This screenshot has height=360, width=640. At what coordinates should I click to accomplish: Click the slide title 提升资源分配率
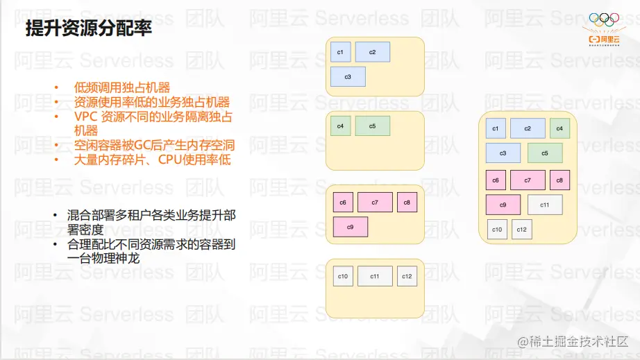(89, 28)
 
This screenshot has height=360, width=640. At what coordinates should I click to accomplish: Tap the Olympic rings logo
(604, 19)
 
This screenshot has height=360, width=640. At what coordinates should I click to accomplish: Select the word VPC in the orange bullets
(85, 117)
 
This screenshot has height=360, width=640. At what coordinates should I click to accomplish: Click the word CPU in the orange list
(170, 160)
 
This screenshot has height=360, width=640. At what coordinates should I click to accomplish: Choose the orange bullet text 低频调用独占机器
(121, 87)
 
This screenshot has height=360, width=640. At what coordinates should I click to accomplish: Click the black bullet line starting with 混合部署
(151, 222)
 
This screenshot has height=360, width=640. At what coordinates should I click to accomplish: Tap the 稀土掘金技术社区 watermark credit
(573, 342)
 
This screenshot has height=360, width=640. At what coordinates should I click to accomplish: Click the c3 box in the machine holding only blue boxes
(348, 77)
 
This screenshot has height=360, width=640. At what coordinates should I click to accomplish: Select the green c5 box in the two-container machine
(372, 126)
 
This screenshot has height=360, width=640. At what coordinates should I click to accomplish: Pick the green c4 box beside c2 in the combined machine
(559, 128)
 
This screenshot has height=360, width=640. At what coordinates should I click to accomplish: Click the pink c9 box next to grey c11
(503, 205)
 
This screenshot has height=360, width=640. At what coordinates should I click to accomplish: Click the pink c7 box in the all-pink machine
(375, 203)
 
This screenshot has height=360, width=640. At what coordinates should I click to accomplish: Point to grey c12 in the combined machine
(521, 229)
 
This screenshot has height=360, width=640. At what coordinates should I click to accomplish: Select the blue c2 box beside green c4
(528, 128)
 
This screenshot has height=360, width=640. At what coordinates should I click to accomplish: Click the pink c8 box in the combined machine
(559, 180)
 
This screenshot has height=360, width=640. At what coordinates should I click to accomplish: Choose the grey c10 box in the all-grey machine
(343, 276)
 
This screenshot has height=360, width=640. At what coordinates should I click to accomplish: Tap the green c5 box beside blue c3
(545, 153)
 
